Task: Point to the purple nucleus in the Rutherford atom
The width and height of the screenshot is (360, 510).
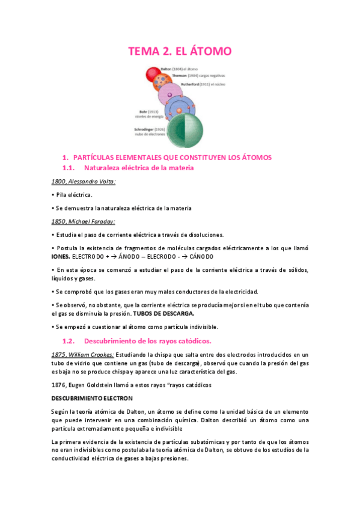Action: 170,95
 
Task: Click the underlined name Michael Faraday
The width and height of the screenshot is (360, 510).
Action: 94,221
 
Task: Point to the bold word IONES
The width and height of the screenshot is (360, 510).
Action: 61,256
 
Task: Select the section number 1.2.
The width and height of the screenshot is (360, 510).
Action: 70,341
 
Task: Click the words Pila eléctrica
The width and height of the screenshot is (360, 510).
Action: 75,195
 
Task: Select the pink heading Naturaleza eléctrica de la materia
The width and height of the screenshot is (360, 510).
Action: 139,168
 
